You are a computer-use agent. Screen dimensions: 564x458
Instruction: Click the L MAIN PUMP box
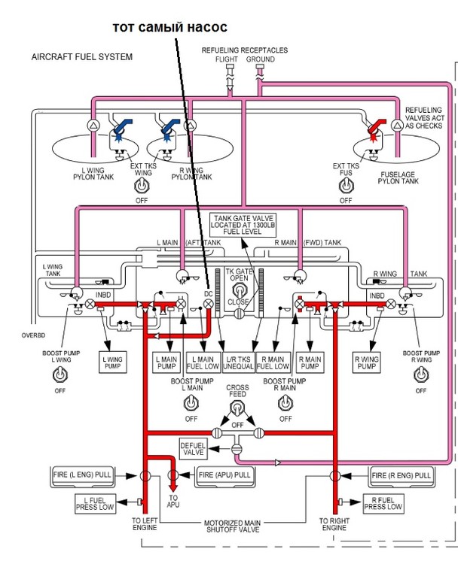(167, 362)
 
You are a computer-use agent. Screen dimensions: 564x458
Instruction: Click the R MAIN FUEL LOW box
(273, 362)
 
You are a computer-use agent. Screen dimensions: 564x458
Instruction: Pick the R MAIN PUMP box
(309, 362)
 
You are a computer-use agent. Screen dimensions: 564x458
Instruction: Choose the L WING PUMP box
(111, 362)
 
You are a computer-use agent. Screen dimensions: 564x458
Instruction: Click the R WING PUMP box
(366, 362)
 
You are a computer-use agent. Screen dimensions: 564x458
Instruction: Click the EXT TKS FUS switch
(345, 184)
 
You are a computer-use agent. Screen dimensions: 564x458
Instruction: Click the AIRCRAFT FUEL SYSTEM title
(82, 57)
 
